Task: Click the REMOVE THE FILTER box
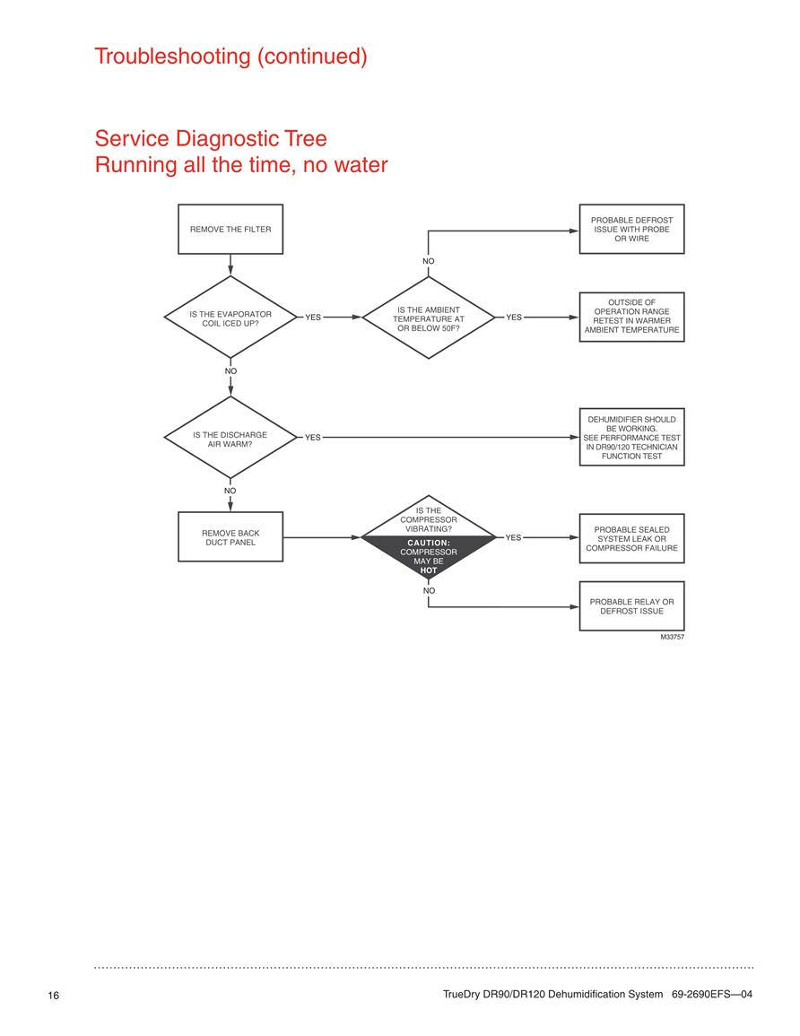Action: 230,230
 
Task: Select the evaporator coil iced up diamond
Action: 230,318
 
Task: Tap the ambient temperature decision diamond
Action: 429,318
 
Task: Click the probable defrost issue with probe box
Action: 631,230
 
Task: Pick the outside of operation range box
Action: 631,317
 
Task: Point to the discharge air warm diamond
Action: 230,438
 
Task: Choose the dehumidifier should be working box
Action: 631,438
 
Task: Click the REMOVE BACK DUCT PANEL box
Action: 230,537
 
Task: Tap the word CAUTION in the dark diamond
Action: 429,543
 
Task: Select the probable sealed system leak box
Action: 631,538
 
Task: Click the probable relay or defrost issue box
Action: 631,606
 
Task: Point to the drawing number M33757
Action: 673,637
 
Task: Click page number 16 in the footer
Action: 54,995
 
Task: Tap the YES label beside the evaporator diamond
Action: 313,318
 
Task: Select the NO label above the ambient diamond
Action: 429,261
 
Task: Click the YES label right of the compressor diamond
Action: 513,538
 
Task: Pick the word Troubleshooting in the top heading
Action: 172,57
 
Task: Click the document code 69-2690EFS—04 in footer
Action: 712,994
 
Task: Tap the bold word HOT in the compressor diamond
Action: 429,570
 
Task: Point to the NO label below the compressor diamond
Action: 430,591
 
